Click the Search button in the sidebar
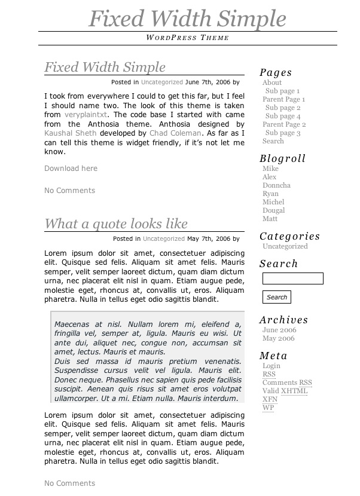click(277, 297)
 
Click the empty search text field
click(293, 278)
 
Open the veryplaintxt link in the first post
click(86, 115)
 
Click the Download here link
click(71, 169)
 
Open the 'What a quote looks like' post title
click(116, 224)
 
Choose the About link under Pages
click(272, 83)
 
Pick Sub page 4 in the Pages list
click(283, 117)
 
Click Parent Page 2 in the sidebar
click(284, 125)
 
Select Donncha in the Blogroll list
click(276, 186)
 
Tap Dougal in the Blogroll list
click(273, 211)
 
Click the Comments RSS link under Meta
click(287, 383)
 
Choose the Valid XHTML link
click(285, 391)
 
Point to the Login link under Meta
click(271, 366)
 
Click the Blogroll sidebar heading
click(282, 159)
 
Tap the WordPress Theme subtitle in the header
click(187, 38)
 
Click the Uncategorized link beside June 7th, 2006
click(162, 82)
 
